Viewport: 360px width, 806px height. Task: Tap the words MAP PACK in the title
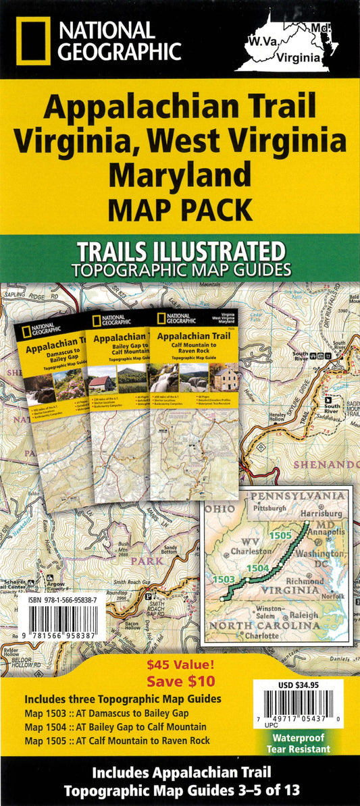[x=180, y=210]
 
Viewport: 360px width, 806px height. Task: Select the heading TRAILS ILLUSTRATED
[x=180, y=252]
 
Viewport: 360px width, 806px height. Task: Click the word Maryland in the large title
[x=179, y=175]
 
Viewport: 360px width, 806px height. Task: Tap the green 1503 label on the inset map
[x=224, y=579]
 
